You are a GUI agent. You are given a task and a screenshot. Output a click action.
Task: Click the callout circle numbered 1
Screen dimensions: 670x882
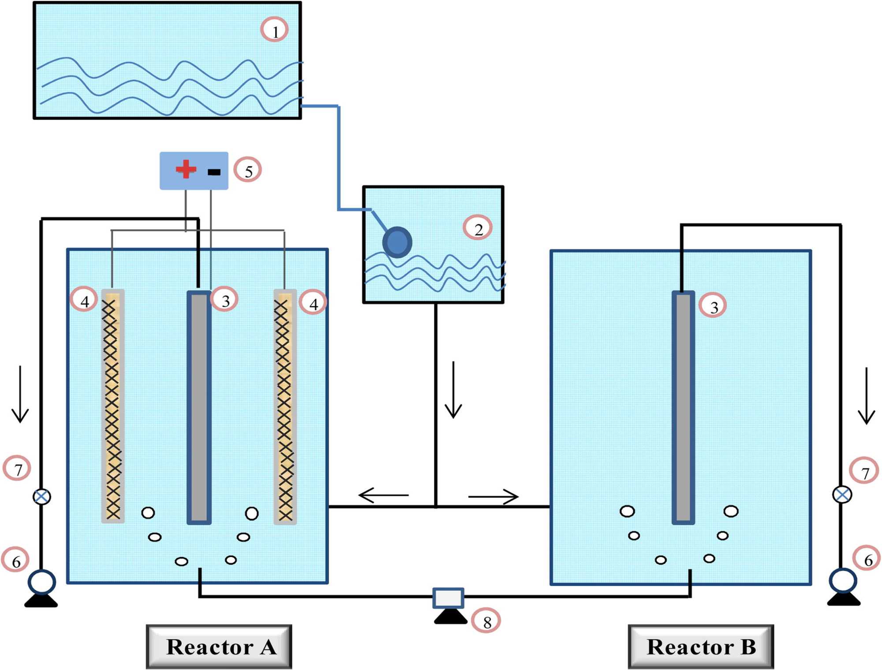pos(274,30)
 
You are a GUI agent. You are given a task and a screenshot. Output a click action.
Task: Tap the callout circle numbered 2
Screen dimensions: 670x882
pos(478,228)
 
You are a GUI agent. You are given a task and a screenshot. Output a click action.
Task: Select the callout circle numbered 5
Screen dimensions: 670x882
pos(247,170)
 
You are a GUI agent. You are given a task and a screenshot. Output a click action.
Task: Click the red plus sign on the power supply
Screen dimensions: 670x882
pos(186,169)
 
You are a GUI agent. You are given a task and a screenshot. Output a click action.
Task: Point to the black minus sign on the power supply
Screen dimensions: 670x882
pos(214,172)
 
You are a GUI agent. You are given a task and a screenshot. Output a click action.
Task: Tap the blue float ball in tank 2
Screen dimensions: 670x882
pos(397,242)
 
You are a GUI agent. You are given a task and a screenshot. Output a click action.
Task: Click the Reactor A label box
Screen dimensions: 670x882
pos(219,646)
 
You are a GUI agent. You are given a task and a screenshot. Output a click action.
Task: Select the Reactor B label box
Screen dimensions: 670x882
pos(701,646)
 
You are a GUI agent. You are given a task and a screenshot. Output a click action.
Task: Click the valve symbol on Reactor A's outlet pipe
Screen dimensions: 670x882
pos(42,497)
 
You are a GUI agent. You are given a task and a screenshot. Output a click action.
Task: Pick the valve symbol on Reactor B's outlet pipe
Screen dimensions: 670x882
pos(842,494)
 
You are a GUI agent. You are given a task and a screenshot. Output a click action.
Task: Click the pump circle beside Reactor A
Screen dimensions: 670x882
pos(42,582)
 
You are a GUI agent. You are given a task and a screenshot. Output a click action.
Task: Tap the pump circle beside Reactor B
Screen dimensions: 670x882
pos(843,580)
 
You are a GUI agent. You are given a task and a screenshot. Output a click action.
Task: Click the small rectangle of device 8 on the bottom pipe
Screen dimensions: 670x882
pos(448,598)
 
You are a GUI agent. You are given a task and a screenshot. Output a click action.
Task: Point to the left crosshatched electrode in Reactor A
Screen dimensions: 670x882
pos(112,406)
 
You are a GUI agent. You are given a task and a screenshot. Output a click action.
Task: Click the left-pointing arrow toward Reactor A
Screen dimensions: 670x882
pos(383,495)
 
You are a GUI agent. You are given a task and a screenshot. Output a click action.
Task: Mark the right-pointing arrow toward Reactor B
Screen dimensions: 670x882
pos(493,497)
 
